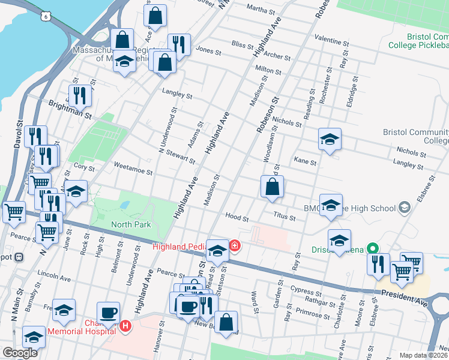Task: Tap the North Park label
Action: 131,224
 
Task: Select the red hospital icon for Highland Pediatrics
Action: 234,245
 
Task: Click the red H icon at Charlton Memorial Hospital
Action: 125,326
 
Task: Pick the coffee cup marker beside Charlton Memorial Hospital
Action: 109,313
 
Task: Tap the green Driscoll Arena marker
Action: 372,248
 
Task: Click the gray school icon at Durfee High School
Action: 405,208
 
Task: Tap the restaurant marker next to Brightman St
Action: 79,95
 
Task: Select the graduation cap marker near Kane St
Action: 329,139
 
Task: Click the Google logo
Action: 19,352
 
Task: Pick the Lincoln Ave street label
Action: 54,278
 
